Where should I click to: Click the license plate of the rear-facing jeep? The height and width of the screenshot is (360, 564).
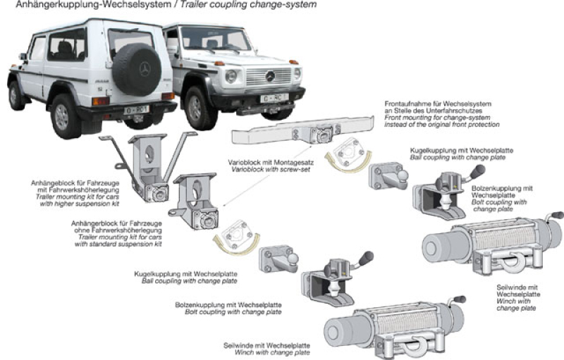tap(136, 110)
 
